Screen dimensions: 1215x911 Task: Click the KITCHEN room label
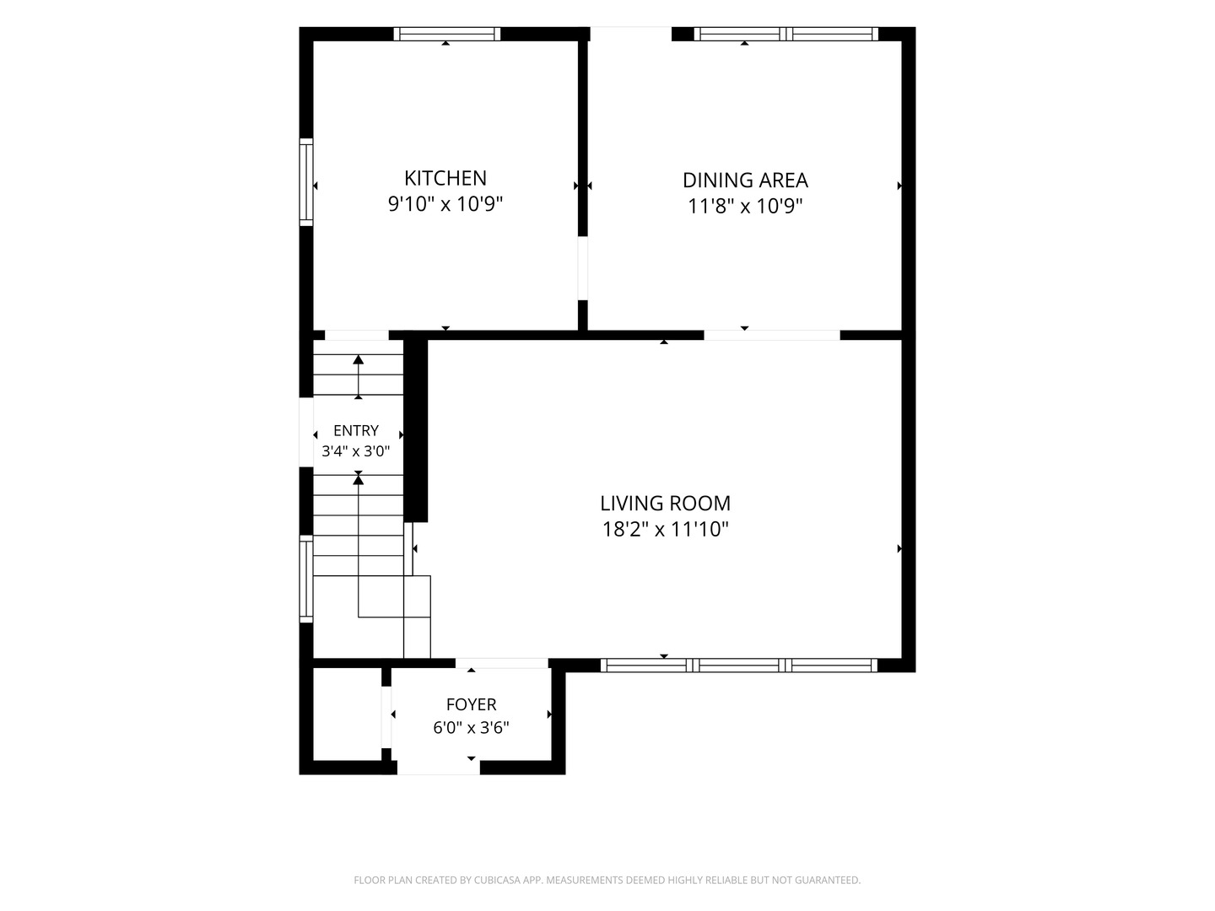coord(445,178)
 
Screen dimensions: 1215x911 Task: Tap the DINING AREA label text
coord(745,181)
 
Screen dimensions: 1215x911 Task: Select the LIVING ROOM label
coord(665,504)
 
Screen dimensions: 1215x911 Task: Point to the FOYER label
coord(471,704)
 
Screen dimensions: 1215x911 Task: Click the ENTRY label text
coord(356,430)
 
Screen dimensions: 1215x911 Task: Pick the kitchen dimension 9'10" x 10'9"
coord(445,204)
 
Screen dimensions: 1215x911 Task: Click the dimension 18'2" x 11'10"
coord(665,530)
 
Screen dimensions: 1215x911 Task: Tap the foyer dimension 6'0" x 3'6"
coord(471,727)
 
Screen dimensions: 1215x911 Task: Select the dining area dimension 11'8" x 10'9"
coord(745,207)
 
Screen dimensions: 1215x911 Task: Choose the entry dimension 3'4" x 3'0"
coord(356,451)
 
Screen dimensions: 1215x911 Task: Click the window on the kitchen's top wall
coord(446,35)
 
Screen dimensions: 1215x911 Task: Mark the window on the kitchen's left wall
coord(306,182)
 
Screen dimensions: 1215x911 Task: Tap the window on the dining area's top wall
coord(786,35)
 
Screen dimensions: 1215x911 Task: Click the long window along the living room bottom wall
coord(739,666)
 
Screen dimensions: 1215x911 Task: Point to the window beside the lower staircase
coord(306,579)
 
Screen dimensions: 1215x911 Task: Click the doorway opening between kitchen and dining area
coord(582,268)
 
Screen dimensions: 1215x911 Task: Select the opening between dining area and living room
coord(772,335)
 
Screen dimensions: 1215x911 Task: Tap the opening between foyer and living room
coord(501,663)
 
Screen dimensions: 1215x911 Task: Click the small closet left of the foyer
coord(347,714)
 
